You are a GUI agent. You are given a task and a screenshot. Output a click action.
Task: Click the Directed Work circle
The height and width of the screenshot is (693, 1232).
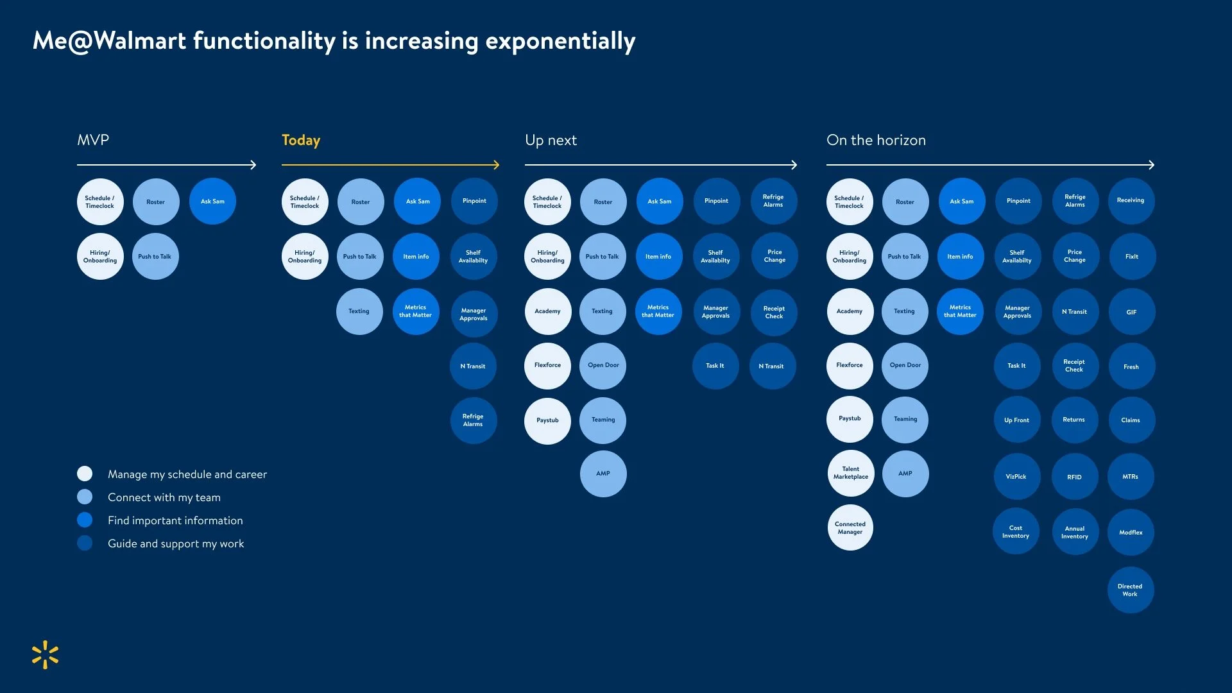click(x=1130, y=590)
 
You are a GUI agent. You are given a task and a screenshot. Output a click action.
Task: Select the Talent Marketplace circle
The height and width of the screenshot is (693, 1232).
click(x=850, y=474)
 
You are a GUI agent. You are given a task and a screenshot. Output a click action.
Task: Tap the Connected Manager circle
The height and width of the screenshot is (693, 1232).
click(x=850, y=528)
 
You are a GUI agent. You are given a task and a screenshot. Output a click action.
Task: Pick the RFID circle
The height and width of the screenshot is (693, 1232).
click(x=1074, y=477)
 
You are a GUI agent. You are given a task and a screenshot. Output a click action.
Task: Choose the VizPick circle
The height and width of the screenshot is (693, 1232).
click(x=1016, y=477)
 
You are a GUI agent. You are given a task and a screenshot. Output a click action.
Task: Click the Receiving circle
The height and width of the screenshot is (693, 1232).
click(x=1131, y=201)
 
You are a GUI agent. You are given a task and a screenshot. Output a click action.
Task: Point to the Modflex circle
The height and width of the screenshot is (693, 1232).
click(x=1131, y=533)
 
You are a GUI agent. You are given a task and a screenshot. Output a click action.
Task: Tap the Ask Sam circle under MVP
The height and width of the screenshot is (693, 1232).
click(x=212, y=201)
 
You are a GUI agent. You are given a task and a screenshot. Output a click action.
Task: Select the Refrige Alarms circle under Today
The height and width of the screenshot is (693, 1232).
click(x=473, y=420)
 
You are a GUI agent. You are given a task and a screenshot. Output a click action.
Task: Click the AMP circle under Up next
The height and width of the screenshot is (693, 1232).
click(x=603, y=474)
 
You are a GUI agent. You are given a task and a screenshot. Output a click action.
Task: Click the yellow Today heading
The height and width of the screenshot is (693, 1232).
click(x=301, y=141)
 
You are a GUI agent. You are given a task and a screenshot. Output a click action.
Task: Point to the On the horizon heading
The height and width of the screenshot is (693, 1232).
click(x=876, y=141)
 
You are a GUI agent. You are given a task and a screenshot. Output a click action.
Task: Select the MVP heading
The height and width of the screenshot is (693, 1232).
click(x=93, y=141)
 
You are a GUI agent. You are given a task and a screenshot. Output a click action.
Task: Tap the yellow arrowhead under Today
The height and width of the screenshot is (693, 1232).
click(x=496, y=165)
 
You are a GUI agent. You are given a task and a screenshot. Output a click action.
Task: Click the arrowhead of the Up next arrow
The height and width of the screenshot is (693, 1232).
click(x=794, y=165)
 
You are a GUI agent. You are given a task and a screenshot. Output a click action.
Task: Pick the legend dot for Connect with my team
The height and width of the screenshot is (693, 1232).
click(x=85, y=497)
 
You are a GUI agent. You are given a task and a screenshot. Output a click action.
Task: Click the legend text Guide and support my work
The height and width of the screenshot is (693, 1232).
click(x=176, y=543)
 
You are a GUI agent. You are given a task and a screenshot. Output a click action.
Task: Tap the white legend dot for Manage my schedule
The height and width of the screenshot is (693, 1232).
click(x=85, y=474)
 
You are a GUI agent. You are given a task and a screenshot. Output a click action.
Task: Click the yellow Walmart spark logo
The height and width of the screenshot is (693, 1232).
click(x=45, y=654)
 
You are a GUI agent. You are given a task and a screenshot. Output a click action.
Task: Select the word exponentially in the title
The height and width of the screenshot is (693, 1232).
click(x=560, y=41)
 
